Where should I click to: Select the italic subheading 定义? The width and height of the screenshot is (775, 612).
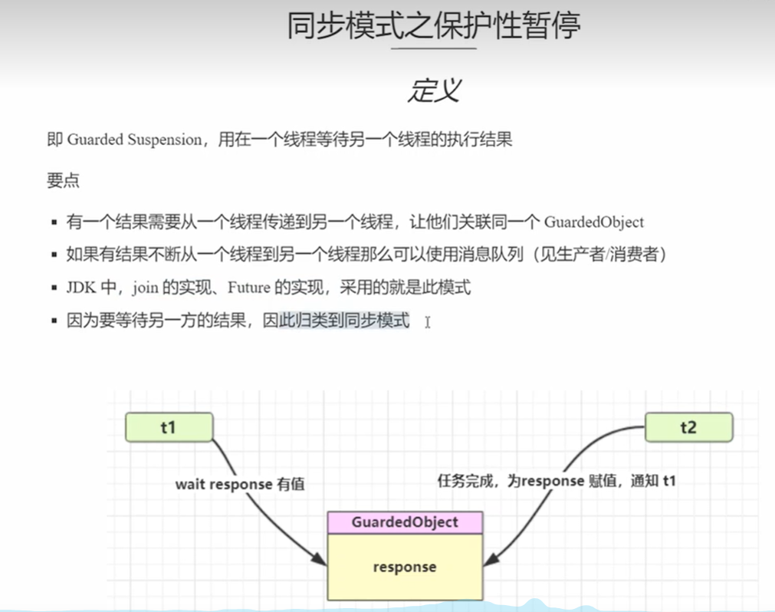coord(433,90)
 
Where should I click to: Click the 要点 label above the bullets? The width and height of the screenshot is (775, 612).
coord(63,181)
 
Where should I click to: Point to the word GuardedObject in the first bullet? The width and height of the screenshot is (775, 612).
coord(594,222)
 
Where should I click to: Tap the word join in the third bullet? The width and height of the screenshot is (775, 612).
coord(144,288)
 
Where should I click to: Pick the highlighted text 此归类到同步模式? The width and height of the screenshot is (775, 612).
coord(343,321)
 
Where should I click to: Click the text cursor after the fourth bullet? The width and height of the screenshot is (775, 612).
coord(427,322)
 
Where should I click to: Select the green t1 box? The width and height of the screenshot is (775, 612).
coord(169,427)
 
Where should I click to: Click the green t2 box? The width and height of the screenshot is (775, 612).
coord(688,427)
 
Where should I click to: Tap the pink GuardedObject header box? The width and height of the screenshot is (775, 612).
coord(405,522)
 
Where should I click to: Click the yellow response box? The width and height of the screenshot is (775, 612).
coord(405,568)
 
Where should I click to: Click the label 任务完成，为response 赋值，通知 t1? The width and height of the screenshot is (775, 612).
coord(556,482)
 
